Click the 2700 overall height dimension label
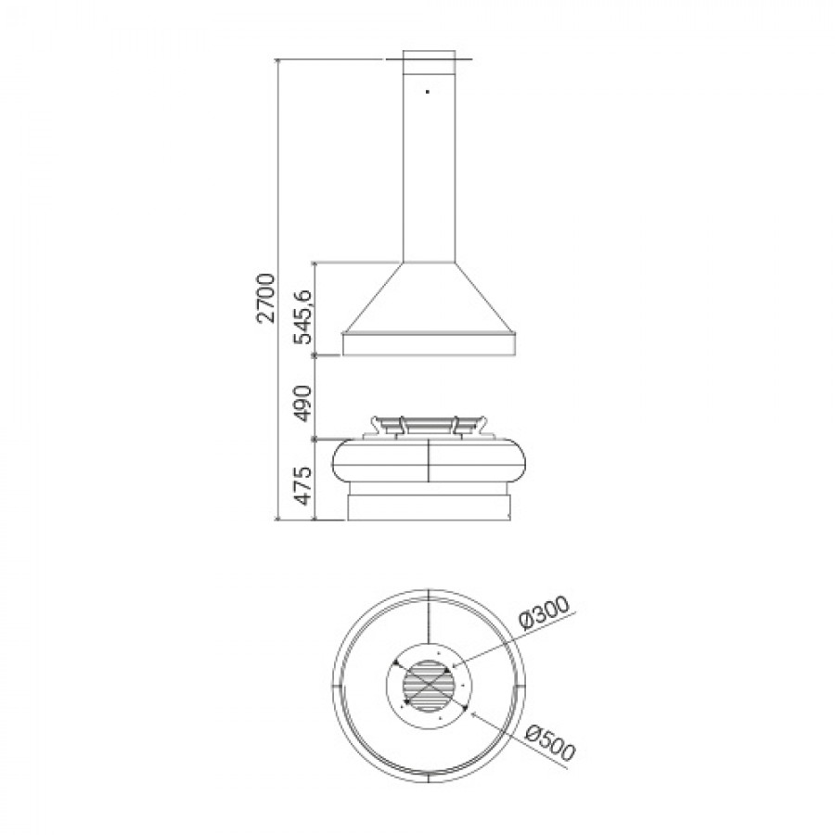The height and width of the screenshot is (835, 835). (x=265, y=298)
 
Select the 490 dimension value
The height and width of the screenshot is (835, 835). (x=304, y=404)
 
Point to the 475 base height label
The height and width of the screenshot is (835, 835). (x=304, y=485)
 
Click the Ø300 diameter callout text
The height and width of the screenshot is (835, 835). (x=545, y=613)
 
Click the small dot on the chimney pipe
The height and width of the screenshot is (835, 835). (x=428, y=92)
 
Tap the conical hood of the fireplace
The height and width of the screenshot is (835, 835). (x=429, y=298)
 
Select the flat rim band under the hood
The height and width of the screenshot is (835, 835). (x=429, y=344)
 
